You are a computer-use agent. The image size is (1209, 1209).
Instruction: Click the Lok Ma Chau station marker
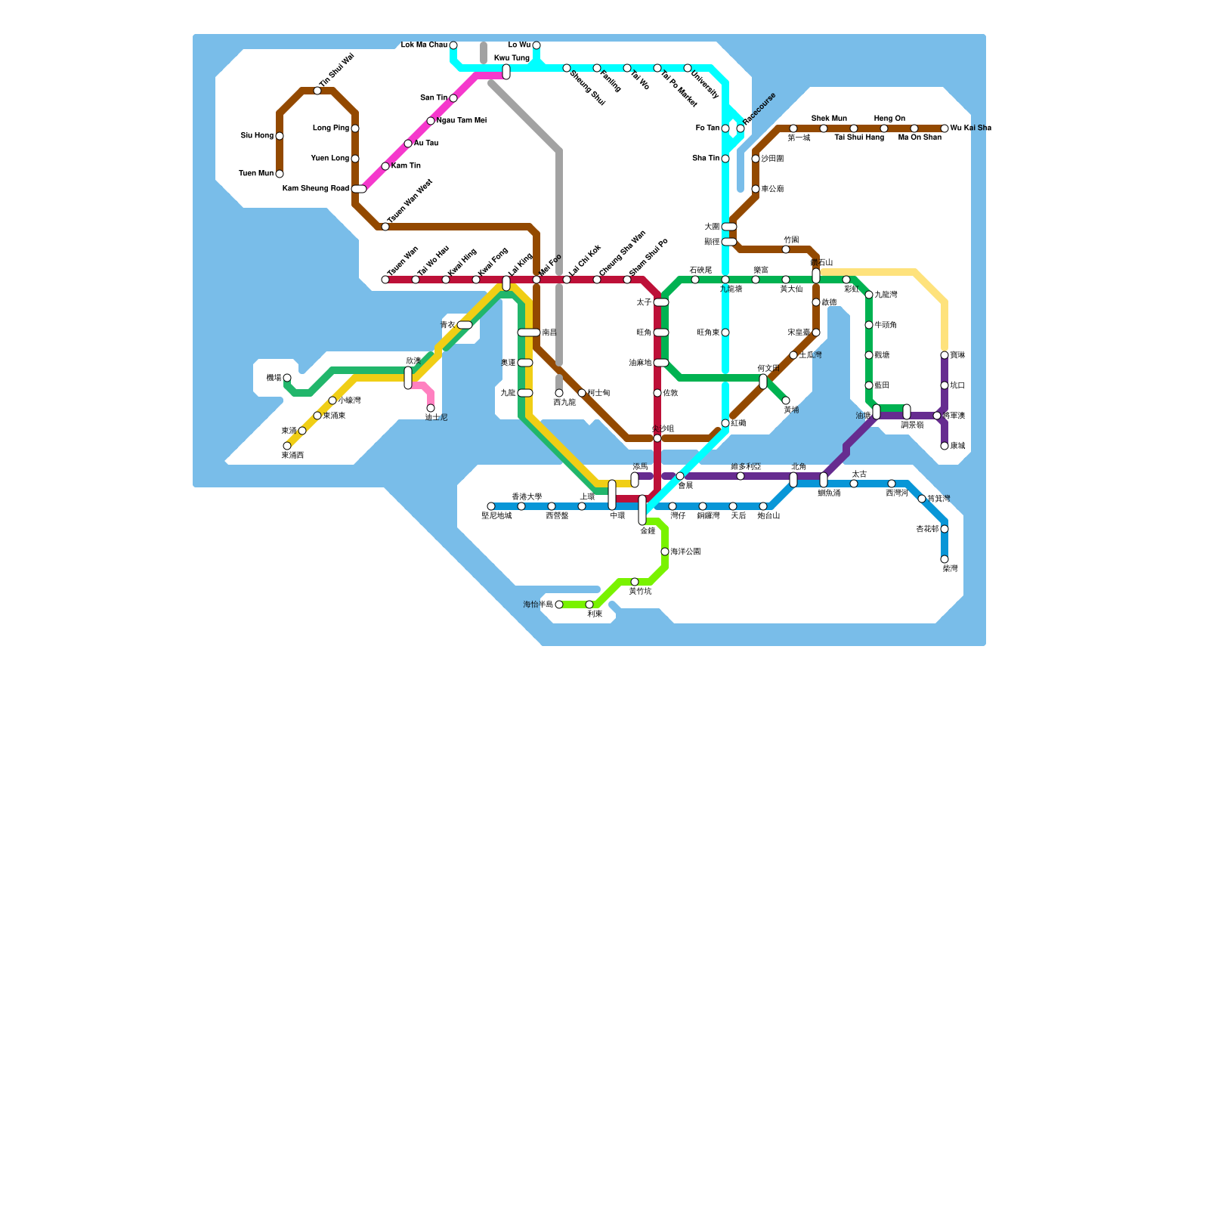453,45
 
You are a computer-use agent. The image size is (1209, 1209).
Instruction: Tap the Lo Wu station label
519,45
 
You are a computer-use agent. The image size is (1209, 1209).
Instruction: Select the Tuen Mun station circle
280,174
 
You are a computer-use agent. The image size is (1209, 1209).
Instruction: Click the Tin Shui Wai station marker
317,91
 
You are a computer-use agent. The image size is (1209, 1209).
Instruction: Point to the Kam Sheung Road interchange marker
359,189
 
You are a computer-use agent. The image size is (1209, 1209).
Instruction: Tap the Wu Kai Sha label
970,128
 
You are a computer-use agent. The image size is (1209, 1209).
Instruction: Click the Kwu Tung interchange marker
506,72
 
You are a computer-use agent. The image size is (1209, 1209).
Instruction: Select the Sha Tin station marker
725,159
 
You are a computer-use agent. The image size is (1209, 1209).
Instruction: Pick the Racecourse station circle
741,128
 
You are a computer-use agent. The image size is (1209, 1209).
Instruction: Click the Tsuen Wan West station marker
385,227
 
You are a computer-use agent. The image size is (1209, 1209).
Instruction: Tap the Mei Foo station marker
536,280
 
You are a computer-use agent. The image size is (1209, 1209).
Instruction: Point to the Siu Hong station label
257,136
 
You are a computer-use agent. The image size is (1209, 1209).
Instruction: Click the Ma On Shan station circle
914,128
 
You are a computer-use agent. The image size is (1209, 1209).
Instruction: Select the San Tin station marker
453,98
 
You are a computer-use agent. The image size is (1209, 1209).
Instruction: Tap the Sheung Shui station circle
567,68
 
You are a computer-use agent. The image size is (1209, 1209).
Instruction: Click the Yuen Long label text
330,159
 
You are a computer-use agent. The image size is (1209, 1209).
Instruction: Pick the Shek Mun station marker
824,128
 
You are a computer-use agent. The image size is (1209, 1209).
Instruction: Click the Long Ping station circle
355,128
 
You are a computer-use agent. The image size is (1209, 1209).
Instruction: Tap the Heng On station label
889,119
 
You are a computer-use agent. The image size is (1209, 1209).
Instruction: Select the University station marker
688,68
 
